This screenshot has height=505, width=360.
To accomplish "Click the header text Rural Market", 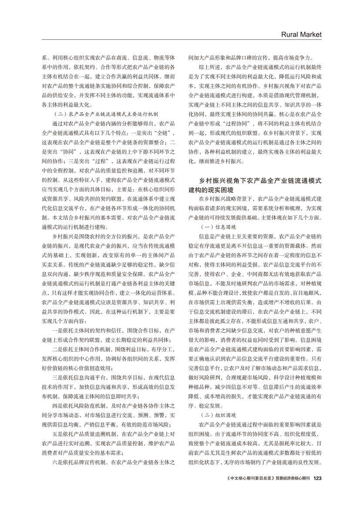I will pos(301,34).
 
